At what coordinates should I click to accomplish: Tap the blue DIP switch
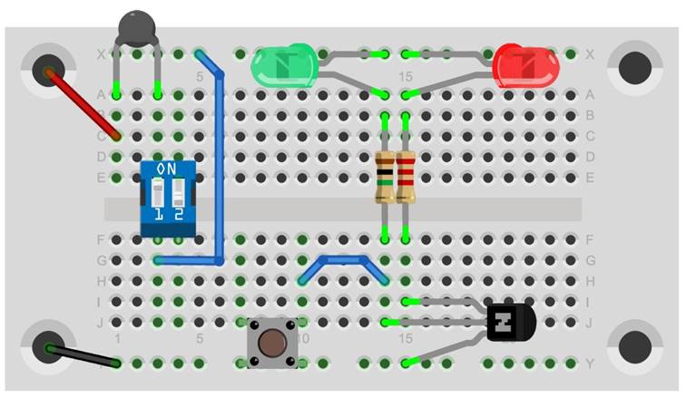[x=169, y=198]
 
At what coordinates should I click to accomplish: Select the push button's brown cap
[x=271, y=343]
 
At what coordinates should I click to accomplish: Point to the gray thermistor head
[x=137, y=27]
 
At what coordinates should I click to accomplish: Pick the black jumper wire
[x=82, y=355]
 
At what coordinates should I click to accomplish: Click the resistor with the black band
[x=385, y=178]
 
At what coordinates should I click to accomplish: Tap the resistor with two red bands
[x=406, y=178]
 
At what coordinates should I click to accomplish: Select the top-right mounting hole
[x=634, y=66]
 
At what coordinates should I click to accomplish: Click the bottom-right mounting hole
[x=634, y=345]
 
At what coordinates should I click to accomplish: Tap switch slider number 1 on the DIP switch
[x=159, y=194]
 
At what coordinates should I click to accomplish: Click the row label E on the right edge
[x=590, y=178]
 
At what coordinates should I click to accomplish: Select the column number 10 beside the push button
[x=303, y=338]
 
